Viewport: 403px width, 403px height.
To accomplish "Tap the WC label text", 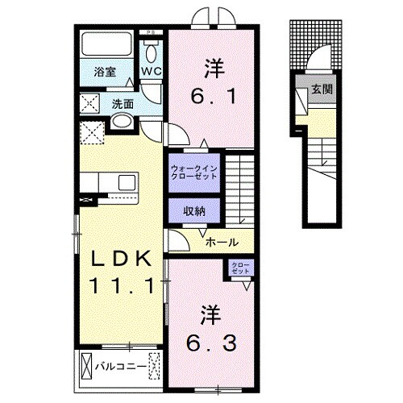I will (152, 71).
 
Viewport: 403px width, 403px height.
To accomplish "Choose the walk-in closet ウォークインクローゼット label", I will (194, 172).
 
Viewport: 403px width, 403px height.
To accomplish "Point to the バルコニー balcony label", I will (121, 366).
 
